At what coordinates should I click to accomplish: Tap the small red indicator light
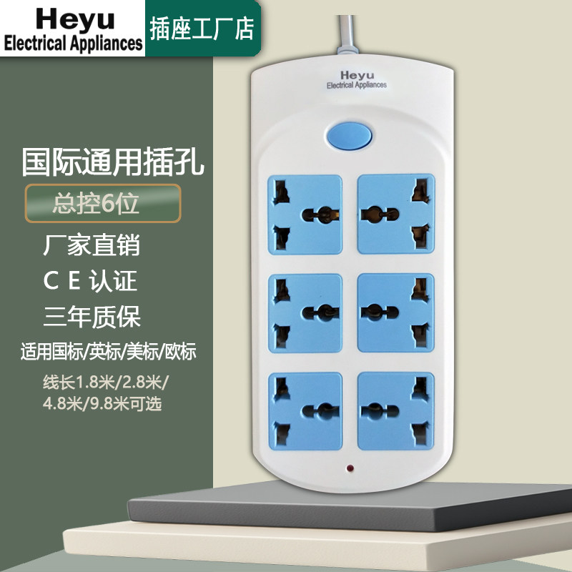[350, 470]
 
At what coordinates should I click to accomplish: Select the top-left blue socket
[305, 214]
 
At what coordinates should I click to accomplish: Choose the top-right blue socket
[395, 213]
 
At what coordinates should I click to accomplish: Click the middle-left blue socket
[305, 312]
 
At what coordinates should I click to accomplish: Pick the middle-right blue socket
[395, 312]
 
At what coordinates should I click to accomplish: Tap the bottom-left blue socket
[305, 410]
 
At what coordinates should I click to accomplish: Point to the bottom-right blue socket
[395, 410]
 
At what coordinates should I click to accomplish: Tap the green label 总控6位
[96, 203]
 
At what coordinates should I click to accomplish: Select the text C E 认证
[90, 281]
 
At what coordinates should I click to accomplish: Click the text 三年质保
[92, 316]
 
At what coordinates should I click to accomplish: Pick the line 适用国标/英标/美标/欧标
[109, 352]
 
